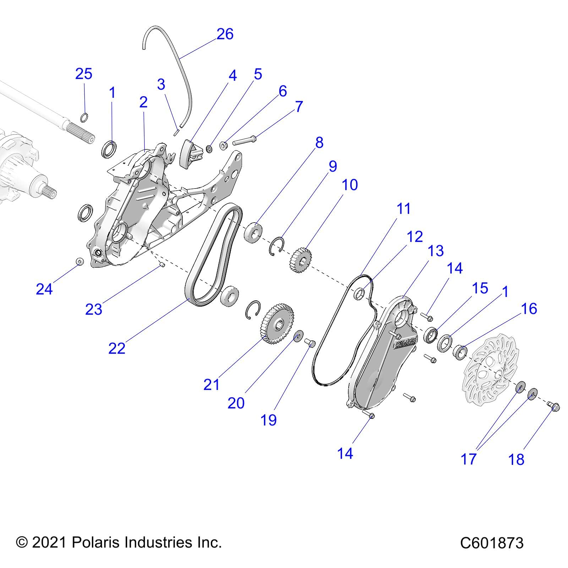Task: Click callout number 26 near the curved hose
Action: (225, 34)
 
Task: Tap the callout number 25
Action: (84, 74)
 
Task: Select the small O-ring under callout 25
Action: (84, 117)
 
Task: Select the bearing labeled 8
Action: (253, 232)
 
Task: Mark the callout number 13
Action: (436, 251)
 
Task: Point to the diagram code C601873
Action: (492, 543)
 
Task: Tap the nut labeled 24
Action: (80, 262)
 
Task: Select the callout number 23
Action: (94, 309)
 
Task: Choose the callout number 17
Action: (468, 459)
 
